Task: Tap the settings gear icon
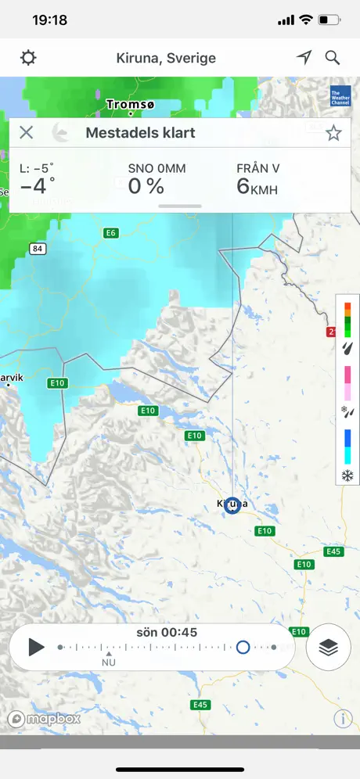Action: pos(29,58)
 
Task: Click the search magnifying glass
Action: pos(333,58)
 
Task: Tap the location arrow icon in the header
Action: pos(304,58)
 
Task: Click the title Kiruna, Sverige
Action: pos(165,58)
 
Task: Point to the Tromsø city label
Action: pos(131,103)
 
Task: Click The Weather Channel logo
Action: pos(340,95)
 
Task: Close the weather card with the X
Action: pos(27,132)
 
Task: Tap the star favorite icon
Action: pos(333,133)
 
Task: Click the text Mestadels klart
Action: pos(140,133)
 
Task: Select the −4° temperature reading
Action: pos(38,186)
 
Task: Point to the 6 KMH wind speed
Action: pos(257,186)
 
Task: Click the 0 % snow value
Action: pos(146,186)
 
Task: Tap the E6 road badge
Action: pos(111,233)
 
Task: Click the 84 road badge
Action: pos(37,249)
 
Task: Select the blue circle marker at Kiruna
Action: pos(232,506)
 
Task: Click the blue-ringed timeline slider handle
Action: pos(243,647)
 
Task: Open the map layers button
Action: pos(328,647)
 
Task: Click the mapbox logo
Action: pos(45,719)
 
